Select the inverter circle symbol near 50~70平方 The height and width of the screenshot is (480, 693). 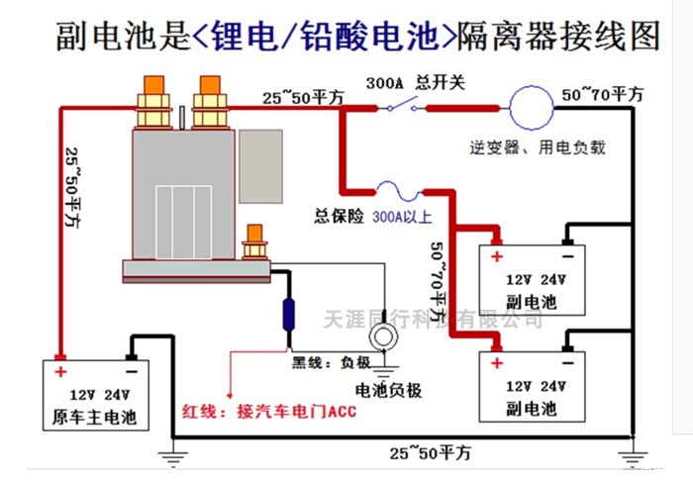[529, 102]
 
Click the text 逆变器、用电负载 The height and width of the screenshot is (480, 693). [538, 148]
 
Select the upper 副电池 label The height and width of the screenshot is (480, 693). [532, 297]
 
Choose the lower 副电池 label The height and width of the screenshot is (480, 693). [532, 407]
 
